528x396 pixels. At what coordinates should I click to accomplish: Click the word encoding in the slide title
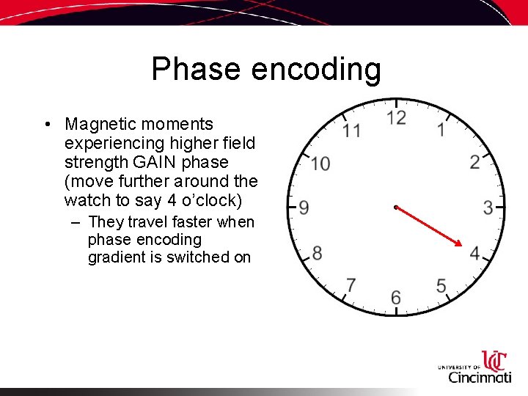point(316,70)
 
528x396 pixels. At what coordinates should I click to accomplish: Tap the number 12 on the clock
point(396,118)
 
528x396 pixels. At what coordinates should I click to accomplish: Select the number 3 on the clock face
point(488,208)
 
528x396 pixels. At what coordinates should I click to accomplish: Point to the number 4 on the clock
point(474,254)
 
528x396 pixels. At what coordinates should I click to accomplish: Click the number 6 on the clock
point(396,297)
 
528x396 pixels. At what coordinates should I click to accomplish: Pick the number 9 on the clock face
point(304,208)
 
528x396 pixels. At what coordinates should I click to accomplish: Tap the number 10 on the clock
point(320,164)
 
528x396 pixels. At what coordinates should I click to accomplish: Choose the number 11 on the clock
point(352,131)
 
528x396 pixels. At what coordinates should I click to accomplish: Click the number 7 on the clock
point(351,285)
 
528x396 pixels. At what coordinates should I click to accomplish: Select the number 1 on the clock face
point(441,131)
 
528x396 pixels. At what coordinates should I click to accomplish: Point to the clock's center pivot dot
point(395,208)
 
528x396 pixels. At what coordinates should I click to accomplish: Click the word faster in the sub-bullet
point(186,222)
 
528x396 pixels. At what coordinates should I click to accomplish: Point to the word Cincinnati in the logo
point(480,377)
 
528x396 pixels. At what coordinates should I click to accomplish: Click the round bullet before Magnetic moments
point(46,125)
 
